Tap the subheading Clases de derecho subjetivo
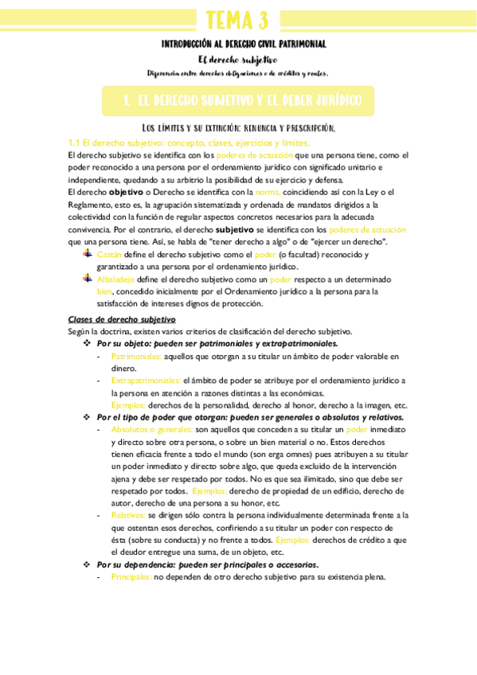pyautogui.click(x=121, y=319)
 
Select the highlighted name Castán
pyautogui.click(x=109, y=255)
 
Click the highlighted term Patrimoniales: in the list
pyautogui.click(x=142, y=357)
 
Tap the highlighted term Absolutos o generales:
pyautogui.click(x=151, y=429)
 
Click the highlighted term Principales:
pyautogui.click(x=131, y=577)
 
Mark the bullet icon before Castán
pyautogui.click(x=88, y=254)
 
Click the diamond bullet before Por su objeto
pyautogui.click(x=88, y=344)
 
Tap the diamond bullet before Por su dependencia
pyautogui.click(x=88, y=564)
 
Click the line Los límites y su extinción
pyautogui.click(x=238, y=127)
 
